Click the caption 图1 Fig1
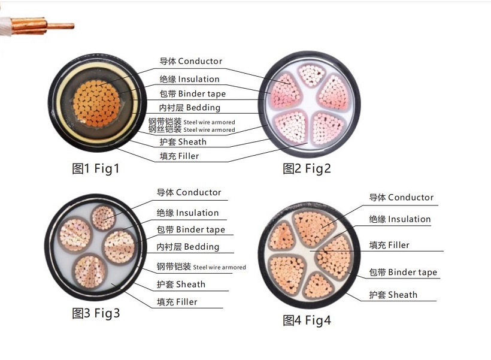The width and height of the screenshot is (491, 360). pos(96,168)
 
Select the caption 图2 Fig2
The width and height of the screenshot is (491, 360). pos(307,168)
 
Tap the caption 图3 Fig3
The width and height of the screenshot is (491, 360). pos(96,313)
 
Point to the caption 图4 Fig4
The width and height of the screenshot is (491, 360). pos(307,320)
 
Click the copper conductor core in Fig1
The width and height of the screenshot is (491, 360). pos(96,104)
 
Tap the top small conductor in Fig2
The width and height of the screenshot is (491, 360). pos(311,75)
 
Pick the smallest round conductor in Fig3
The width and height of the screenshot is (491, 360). pos(104,217)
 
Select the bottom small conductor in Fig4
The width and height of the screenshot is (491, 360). pos(317,286)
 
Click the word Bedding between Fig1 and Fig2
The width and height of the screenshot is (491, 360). pos(203,107)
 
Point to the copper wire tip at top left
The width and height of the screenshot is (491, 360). pos(73,26)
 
